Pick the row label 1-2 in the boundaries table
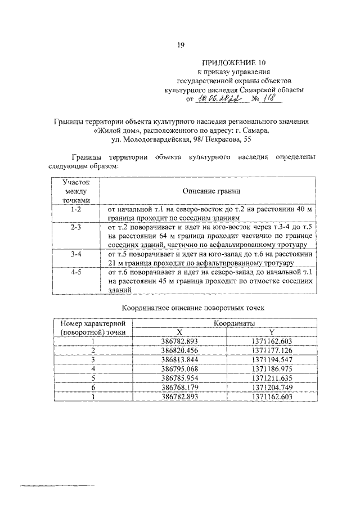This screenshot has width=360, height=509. click(x=76, y=209)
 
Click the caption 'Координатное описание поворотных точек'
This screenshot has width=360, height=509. click(x=195, y=308)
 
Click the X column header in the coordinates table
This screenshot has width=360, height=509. click(x=180, y=332)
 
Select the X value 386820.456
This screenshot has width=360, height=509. click(x=180, y=350)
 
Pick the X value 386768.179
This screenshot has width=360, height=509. click(x=180, y=388)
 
